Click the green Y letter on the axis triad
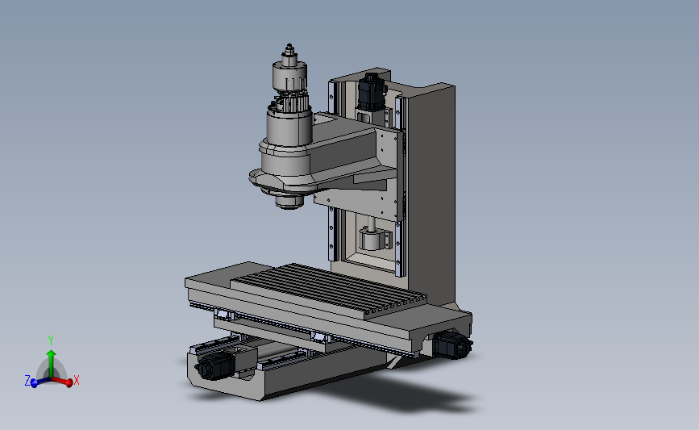click(x=50, y=340)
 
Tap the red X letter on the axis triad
click(x=77, y=380)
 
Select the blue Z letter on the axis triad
click(x=27, y=381)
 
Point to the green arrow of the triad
click(x=50, y=359)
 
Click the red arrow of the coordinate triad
click(x=64, y=382)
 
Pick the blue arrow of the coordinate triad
click(x=37, y=382)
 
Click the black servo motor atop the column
click(x=372, y=90)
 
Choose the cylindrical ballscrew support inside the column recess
click(x=373, y=240)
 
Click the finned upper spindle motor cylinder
click(x=288, y=79)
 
